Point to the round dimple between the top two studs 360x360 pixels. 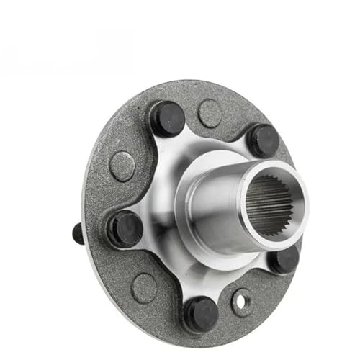[x=210, y=113]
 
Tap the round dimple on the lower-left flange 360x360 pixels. [x=144, y=287]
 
